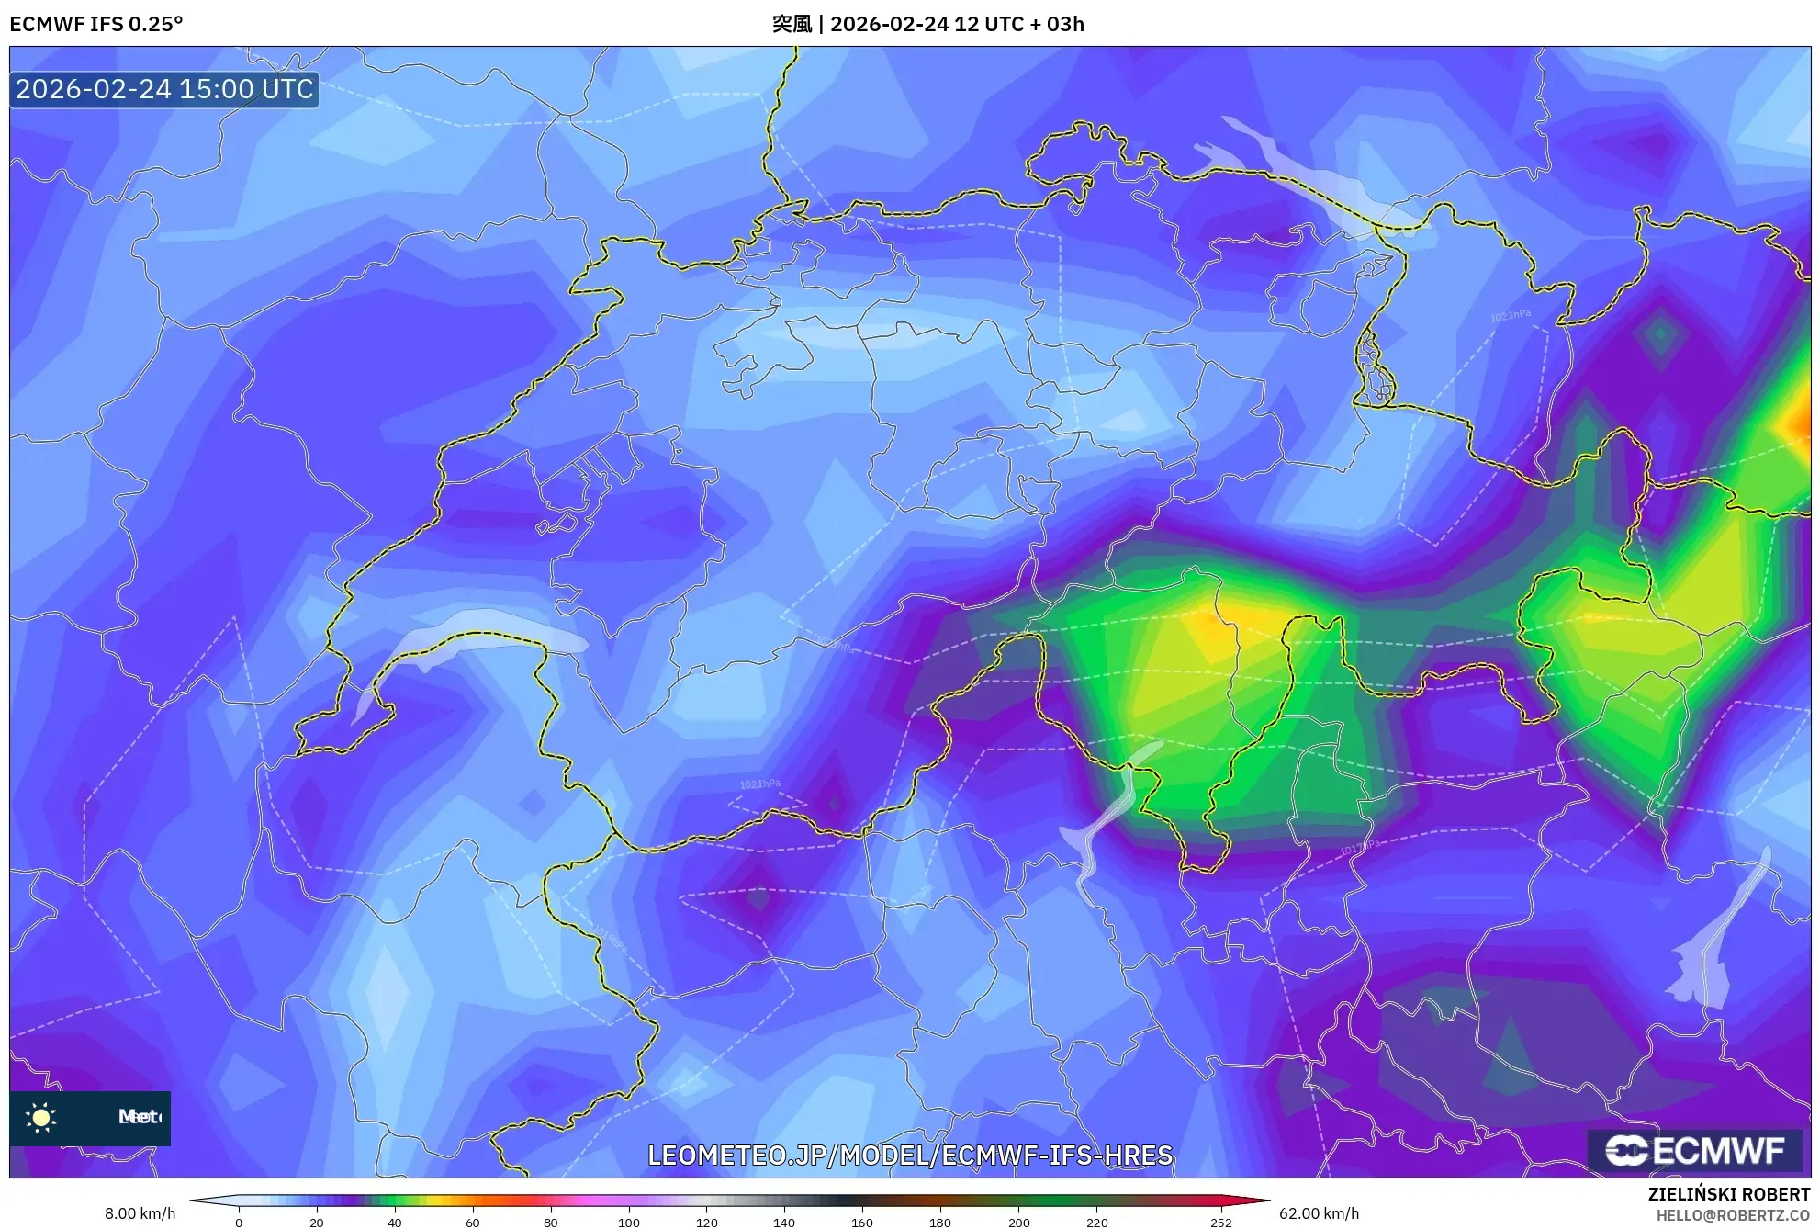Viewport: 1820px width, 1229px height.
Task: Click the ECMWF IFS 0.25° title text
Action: coord(96,24)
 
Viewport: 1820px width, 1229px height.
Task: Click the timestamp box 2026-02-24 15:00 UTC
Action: coord(164,89)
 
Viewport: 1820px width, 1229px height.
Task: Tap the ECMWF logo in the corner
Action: coord(1694,1150)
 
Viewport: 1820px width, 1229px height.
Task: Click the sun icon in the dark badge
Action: coord(41,1117)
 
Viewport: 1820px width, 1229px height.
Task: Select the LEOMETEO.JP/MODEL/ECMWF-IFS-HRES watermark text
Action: coord(910,1156)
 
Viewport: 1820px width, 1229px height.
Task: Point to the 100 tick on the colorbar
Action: coord(629,1222)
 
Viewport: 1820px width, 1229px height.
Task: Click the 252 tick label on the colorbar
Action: coord(1220,1222)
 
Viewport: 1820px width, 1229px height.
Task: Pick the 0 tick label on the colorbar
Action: coord(239,1222)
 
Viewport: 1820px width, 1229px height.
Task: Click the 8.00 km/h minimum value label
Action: coord(140,1213)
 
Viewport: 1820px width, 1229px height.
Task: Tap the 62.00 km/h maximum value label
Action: coord(1319,1213)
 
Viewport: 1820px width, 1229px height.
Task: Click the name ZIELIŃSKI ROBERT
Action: coord(1729,1194)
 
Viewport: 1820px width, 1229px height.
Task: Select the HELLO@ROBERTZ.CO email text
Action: coord(1733,1215)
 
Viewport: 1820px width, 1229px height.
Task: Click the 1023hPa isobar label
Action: coord(1511,315)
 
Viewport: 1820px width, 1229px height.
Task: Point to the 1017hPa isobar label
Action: coord(1360,847)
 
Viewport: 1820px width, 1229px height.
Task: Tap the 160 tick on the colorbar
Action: coord(862,1222)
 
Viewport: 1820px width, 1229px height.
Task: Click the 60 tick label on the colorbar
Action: coord(473,1222)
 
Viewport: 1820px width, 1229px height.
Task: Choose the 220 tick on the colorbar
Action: coord(1096,1222)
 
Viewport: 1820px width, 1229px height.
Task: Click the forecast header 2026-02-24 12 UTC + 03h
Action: coord(957,24)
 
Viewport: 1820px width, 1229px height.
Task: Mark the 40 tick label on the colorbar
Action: coord(395,1222)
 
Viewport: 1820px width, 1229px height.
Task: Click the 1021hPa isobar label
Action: coord(760,784)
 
